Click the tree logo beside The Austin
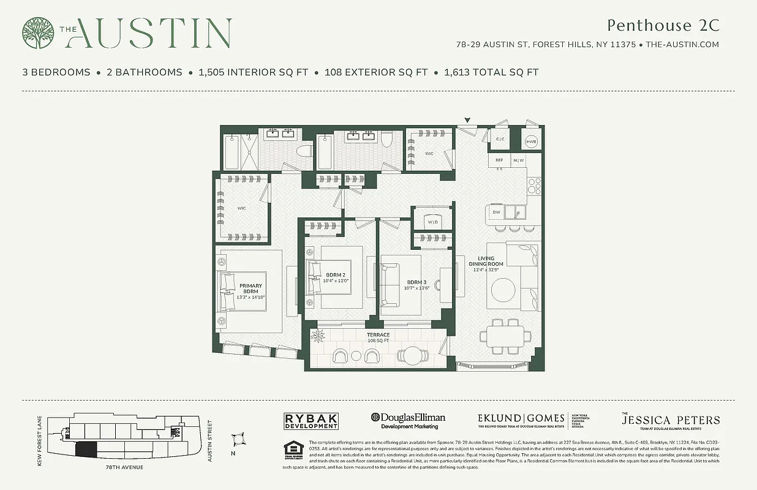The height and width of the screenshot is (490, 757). (x=39, y=33)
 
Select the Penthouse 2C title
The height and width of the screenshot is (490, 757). (x=663, y=26)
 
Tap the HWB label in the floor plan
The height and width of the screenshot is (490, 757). (x=531, y=143)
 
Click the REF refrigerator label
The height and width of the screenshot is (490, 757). (x=500, y=160)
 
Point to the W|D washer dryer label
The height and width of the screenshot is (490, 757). (x=433, y=222)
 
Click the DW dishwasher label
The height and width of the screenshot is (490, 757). (x=496, y=213)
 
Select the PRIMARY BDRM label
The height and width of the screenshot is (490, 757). (x=250, y=289)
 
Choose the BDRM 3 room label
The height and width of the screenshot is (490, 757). (x=417, y=282)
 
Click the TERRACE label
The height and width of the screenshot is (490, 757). (x=378, y=335)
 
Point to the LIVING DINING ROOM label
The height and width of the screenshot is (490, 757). (x=486, y=261)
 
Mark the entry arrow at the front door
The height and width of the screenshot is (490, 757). (x=469, y=120)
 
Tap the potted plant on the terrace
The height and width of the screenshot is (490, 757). (x=319, y=335)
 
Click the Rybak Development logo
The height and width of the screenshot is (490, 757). (x=311, y=421)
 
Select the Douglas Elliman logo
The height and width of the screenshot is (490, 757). (x=409, y=420)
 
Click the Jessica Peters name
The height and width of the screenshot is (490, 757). (x=671, y=421)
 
